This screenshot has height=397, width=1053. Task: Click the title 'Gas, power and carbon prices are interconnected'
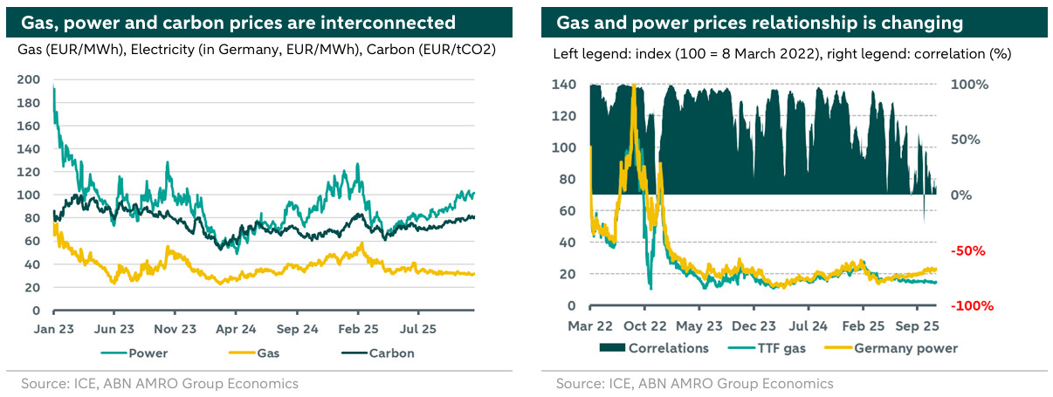(238, 22)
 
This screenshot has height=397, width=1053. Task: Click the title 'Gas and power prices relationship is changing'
(760, 22)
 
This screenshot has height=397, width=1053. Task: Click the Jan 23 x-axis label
(54, 331)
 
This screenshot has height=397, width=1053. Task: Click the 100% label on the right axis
(969, 85)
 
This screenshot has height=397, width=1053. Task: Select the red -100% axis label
(966, 306)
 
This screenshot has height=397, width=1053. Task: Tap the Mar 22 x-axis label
(590, 326)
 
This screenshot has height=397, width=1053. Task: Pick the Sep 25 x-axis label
(917, 326)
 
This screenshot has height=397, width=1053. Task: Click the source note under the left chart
(160, 384)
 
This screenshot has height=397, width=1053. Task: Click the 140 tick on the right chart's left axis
(567, 85)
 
